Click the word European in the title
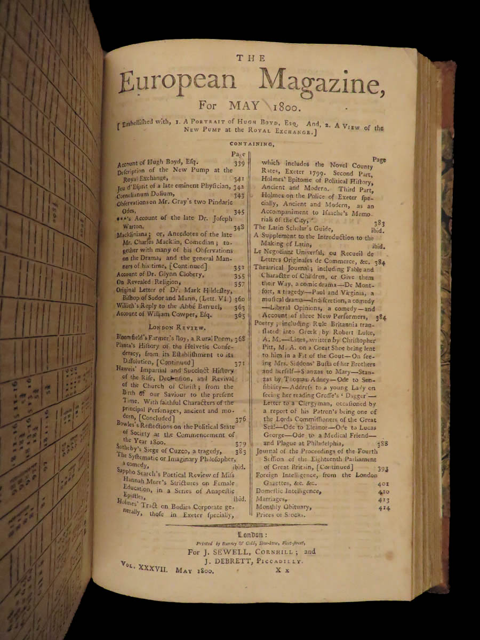pos(178,82)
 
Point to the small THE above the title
pos(251,58)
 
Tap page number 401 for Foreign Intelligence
pos(383,483)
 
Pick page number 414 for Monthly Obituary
pos(383,508)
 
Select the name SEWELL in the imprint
pos(236,552)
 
